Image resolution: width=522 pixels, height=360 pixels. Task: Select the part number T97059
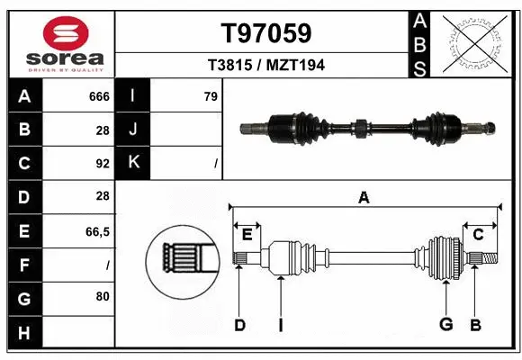[266, 33]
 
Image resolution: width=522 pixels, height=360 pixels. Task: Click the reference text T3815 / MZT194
[266, 65]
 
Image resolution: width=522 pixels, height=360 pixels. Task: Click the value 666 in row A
[99, 96]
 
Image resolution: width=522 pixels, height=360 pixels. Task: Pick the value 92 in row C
[102, 164]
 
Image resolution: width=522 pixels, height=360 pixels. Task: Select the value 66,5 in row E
[97, 231]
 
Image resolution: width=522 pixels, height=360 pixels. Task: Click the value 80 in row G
[102, 296]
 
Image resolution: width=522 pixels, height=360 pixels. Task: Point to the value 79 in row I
[211, 96]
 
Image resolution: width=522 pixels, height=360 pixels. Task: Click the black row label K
[133, 163]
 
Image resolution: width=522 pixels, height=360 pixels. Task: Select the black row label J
[133, 130]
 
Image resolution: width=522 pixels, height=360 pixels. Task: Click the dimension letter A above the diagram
[364, 198]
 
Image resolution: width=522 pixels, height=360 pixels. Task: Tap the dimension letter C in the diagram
[478, 235]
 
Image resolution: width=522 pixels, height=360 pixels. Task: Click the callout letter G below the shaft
[445, 324]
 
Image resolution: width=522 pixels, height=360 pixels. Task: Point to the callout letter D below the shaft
[239, 325]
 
